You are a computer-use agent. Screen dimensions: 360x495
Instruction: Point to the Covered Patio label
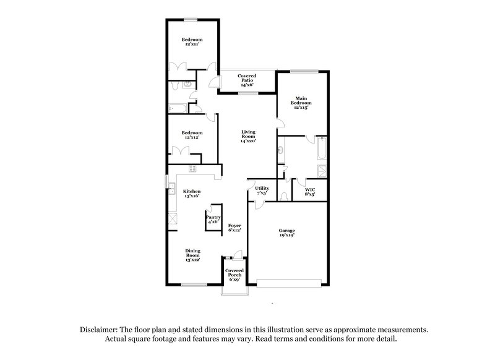247,77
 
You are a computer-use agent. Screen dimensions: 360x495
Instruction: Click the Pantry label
213,218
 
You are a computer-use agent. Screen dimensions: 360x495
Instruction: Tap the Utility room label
262,188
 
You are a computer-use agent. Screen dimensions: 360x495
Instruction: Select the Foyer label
234,225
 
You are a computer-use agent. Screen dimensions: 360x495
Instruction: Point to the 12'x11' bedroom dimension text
192,45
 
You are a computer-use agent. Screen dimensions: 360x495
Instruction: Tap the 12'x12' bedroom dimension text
192,137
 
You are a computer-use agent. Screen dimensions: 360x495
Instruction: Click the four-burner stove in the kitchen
192,168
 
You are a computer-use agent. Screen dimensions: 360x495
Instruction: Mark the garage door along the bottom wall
290,284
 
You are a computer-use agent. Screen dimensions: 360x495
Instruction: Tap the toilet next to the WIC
283,197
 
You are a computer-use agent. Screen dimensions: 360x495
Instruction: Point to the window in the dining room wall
194,285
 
